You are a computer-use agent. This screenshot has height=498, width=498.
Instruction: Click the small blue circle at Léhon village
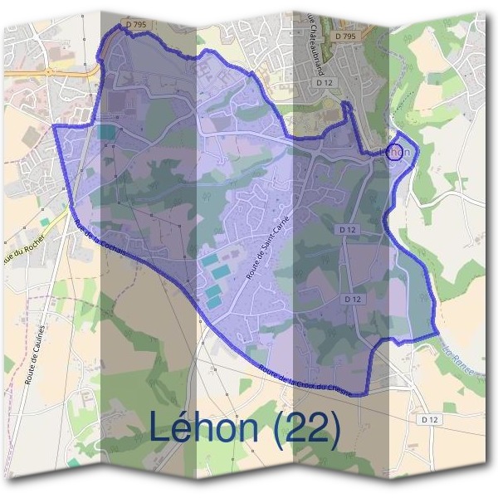[397, 152]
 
